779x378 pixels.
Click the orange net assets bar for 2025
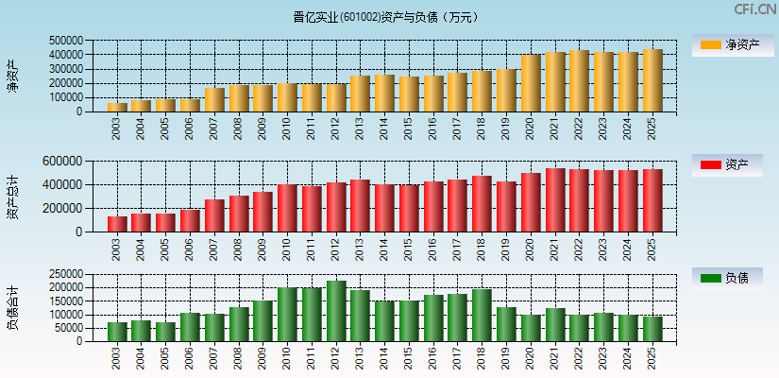pyautogui.click(x=652, y=80)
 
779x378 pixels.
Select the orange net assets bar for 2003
pyautogui.click(x=117, y=107)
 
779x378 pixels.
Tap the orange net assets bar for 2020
pyautogui.click(x=531, y=83)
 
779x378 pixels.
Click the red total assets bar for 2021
pyautogui.click(x=555, y=200)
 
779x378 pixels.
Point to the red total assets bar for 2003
pyautogui.click(x=117, y=224)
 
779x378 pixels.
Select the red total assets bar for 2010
pyautogui.click(x=287, y=208)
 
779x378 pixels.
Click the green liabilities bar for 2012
pyautogui.click(x=336, y=311)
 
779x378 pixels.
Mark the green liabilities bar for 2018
pyautogui.click(x=482, y=315)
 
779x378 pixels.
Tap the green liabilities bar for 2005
pyautogui.click(x=165, y=332)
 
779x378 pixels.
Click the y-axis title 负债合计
pyautogui.click(x=13, y=307)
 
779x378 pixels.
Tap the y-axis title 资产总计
pyautogui.click(x=13, y=197)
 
